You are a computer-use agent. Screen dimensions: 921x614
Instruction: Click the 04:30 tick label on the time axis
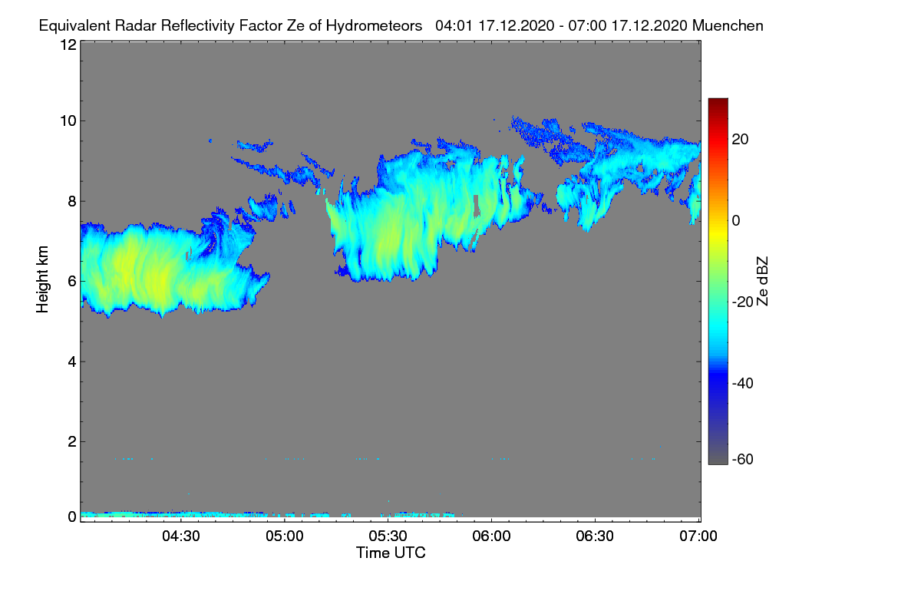coord(181,536)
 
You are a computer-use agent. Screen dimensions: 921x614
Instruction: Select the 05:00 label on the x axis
coord(285,536)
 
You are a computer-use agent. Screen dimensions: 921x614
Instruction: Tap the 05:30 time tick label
coord(388,536)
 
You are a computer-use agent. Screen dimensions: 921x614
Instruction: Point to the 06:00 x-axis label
coord(491,536)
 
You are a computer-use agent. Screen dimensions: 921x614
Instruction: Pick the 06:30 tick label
coord(595,536)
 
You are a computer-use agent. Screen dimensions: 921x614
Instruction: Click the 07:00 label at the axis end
coord(698,536)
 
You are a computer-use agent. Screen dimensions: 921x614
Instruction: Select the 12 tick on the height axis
coord(68,45)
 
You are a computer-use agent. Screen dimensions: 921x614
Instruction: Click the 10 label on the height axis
coord(68,121)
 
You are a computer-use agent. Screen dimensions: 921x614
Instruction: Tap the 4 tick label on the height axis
coord(72,362)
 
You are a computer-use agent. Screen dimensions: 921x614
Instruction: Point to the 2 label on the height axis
coord(72,441)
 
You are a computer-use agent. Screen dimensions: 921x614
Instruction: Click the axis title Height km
coord(42,279)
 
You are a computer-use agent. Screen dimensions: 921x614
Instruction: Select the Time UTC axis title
coord(391,553)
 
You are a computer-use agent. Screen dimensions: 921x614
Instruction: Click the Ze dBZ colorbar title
coord(762,282)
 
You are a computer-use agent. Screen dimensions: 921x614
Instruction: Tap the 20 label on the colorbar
coord(740,140)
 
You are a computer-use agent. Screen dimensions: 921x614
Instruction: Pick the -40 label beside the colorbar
coord(743,383)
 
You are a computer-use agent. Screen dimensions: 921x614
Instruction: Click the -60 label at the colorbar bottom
coord(743,460)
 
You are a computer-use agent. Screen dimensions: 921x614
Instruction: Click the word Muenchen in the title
coord(728,25)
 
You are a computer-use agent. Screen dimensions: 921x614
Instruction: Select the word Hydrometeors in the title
coord(375,26)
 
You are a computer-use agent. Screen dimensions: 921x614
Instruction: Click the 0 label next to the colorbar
coord(736,221)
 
